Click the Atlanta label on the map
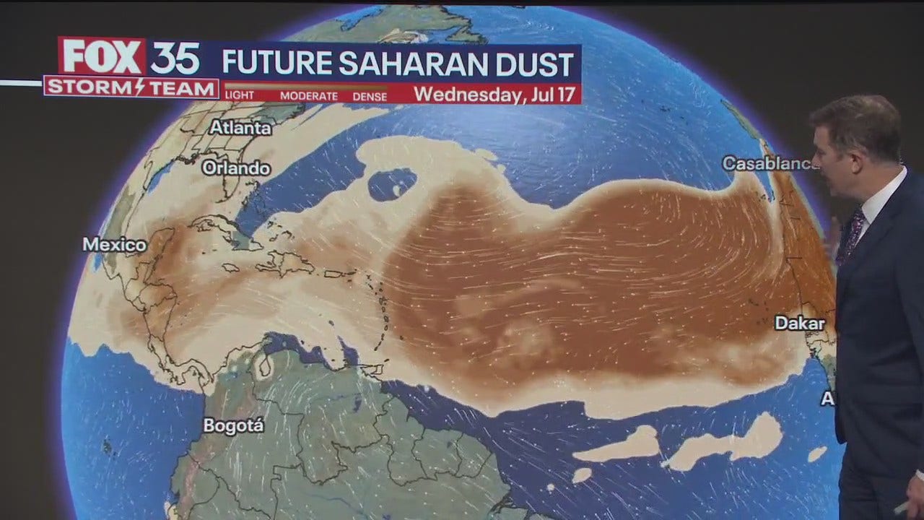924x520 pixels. point(240,128)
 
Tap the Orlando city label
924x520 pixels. point(236,168)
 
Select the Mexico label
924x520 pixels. point(114,245)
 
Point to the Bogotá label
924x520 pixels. point(233,425)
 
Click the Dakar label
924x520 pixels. point(799,323)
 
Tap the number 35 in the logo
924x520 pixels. point(175,58)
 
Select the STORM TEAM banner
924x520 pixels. point(131,88)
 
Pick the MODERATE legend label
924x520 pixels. point(309,96)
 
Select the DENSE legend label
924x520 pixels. point(370,96)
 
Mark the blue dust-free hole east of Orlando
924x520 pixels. point(392,184)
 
